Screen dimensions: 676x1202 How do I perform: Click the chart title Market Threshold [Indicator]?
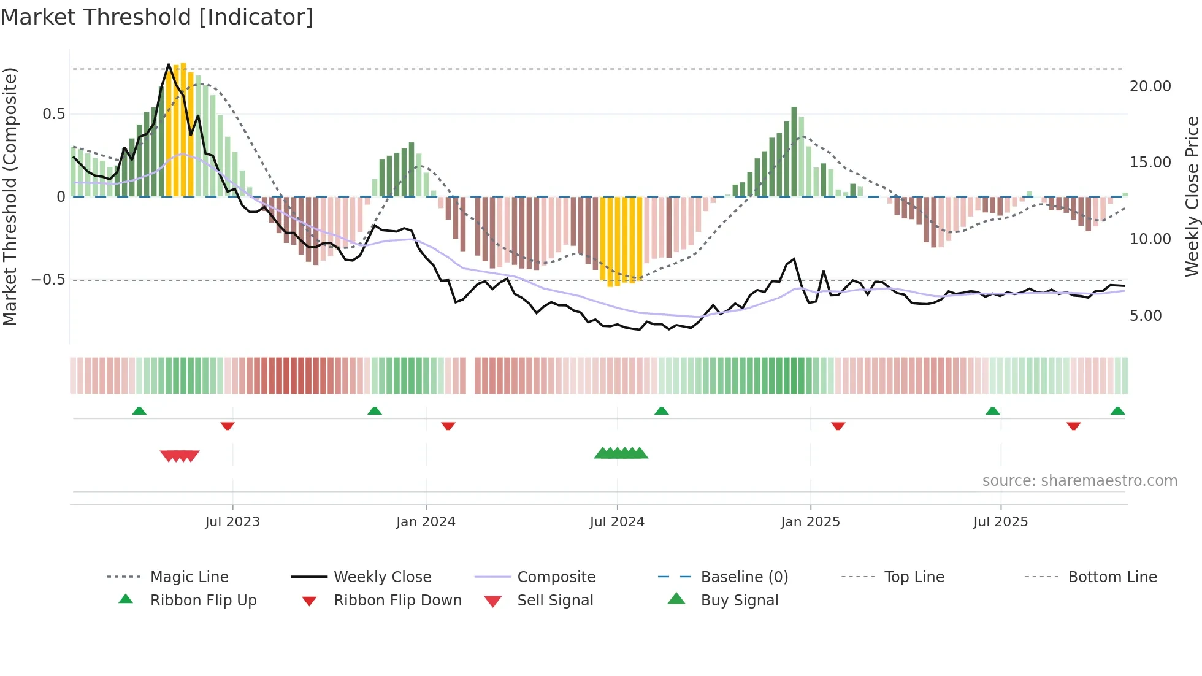pyautogui.click(x=157, y=17)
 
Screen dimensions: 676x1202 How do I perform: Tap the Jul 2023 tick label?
pyautogui.click(x=232, y=522)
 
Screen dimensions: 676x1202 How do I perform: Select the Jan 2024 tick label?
pyautogui.click(x=426, y=522)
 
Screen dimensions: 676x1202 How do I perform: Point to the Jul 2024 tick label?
pyautogui.click(x=617, y=522)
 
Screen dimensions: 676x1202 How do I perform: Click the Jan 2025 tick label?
pyautogui.click(x=810, y=522)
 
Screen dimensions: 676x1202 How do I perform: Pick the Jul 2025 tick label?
pyautogui.click(x=1000, y=522)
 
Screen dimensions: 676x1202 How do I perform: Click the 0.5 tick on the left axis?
pyautogui.click(x=53, y=114)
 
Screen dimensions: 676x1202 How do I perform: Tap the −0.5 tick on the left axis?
pyautogui.click(x=48, y=280)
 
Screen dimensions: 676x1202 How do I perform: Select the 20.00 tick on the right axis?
pyautogui.click(x=1150, y=86)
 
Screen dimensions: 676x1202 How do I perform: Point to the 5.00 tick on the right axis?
pyautogui.click(x=1146, y=316)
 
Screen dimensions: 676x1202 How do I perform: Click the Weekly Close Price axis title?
pyautogui.click(x=1192, y=196)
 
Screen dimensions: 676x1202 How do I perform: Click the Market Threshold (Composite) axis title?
pyautogui.click(x=10, y=196)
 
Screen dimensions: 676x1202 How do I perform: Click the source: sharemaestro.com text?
pyautogui.click(x=1079, y=481)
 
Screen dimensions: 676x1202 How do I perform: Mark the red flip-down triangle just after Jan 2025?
pyautogui.click(x=838, y=426)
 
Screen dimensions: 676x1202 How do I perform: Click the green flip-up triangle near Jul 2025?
pyautogui.click(x=992, y=411)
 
